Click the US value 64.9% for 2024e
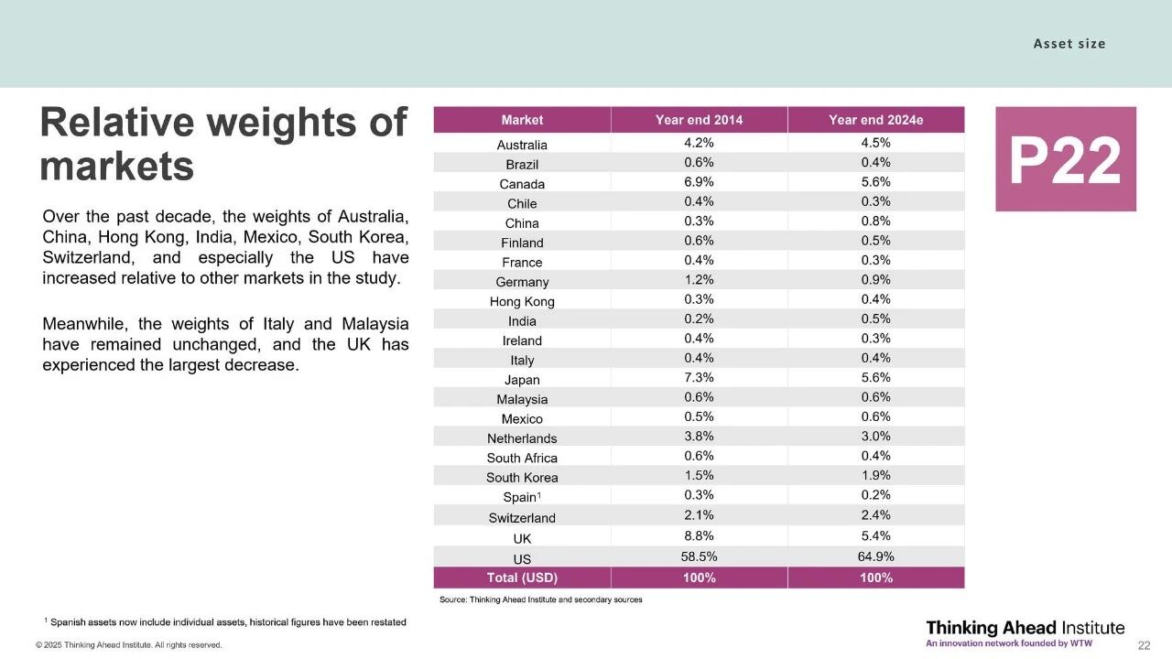tap(875, 557)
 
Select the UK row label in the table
tap(522, 538)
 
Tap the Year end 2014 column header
tap(699, 120)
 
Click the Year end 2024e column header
tap(875, 120)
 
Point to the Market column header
tap(522, 120)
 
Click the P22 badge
tap(1065, 159)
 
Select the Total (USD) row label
tap(522, 578)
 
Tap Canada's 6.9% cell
tap(699, 182)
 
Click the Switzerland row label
tap(522, 518)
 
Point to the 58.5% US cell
tap(699, 557)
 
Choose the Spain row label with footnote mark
tap(522, 498)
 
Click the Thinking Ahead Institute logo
tap(1025, 632)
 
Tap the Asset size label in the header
tap(1069, 44)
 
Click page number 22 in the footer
tap(1144, 645)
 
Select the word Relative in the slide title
tap(117, 123)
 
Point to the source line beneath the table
tap(540, 600)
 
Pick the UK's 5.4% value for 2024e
tap(875, 536)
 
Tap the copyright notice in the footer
tap(128, 645)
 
